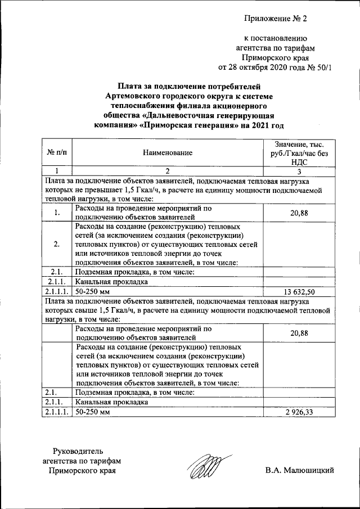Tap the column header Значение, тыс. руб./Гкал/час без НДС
pos(299,152)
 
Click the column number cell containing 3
pos(299,172)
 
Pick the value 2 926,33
pos(299,412)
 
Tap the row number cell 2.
pos(57,244)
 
